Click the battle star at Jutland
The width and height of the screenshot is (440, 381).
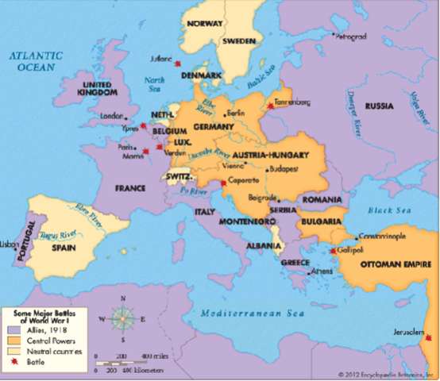click(178, 63)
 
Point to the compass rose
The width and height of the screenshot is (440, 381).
click(122, 320)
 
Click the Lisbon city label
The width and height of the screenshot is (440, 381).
click(10, 244)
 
